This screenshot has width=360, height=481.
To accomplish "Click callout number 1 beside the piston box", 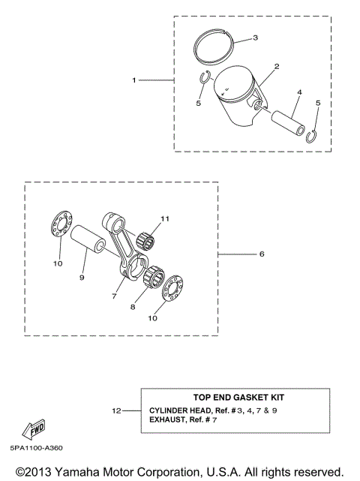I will click(x=134, y=80).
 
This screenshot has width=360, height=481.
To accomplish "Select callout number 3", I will click(x=255, y=37).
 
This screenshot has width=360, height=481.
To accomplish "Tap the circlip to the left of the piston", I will click(x=206, y=77).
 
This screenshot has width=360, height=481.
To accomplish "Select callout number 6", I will click(x=262, y=254).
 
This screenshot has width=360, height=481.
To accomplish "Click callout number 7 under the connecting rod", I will click(x=115, y=296).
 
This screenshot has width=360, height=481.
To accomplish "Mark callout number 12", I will click(x=115, y=410).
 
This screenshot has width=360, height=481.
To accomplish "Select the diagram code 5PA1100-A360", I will click(x=35, y=448).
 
